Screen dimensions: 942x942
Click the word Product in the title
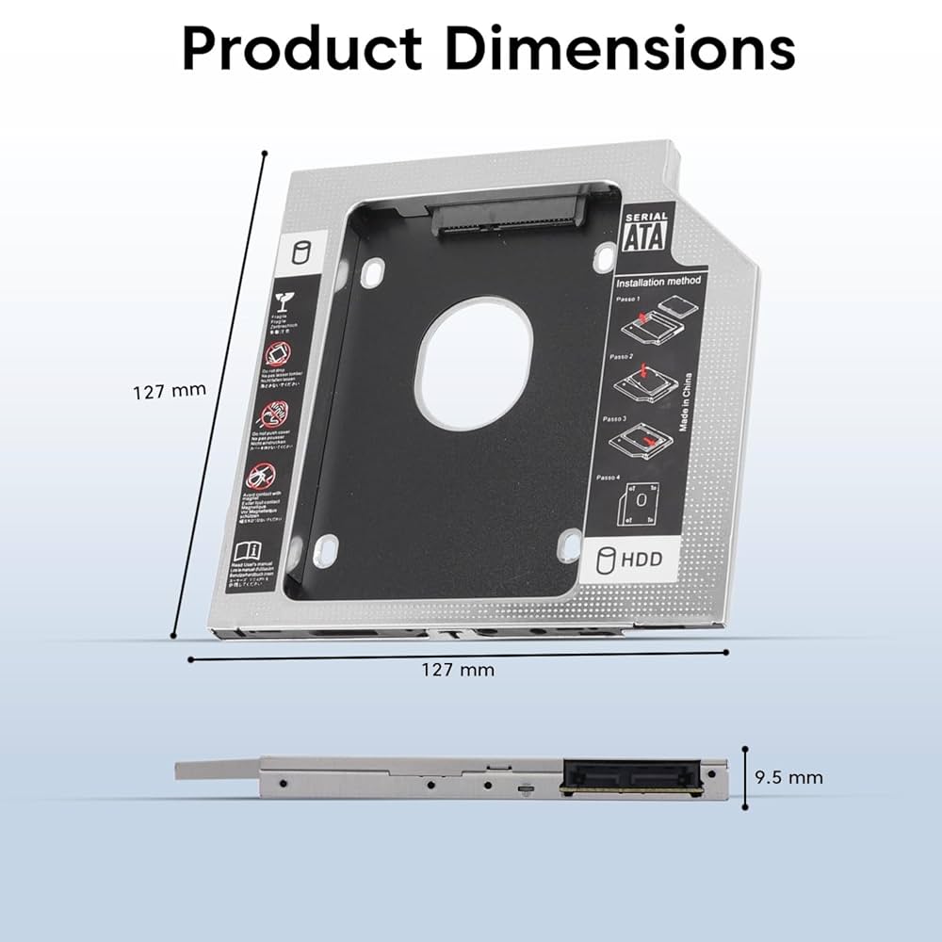click(302, 49)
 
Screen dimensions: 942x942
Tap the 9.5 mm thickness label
click(789, 777)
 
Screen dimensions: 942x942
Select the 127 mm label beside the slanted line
click(169, 390)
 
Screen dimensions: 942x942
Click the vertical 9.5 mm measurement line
click(745, 778)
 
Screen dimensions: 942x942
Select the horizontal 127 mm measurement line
click(459, 655)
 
